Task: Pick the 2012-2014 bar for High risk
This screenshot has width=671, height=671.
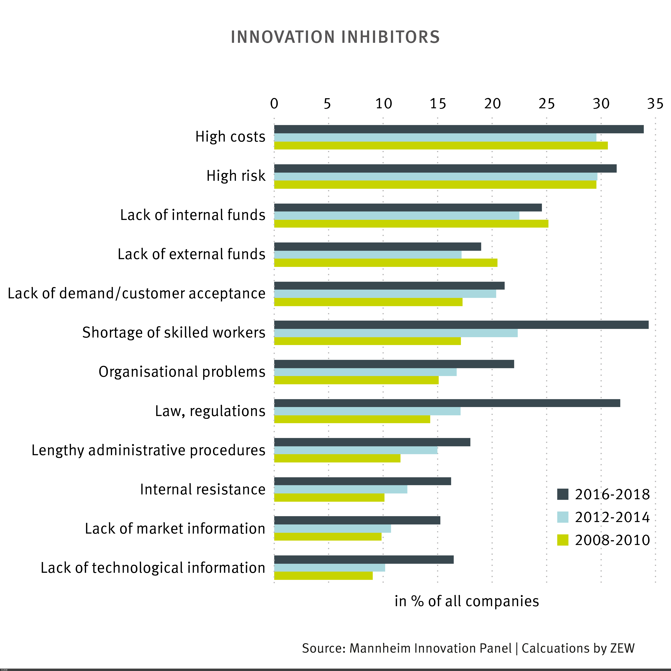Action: pos(435,176)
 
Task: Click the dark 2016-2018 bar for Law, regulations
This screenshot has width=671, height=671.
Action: pos(447,403)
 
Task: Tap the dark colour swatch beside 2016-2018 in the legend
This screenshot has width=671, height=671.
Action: pos(563,494)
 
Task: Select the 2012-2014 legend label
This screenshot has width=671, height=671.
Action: pos(612,517)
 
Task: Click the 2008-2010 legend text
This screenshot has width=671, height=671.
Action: pos(612,540)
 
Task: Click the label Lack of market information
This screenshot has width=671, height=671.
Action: pos(175,529)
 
